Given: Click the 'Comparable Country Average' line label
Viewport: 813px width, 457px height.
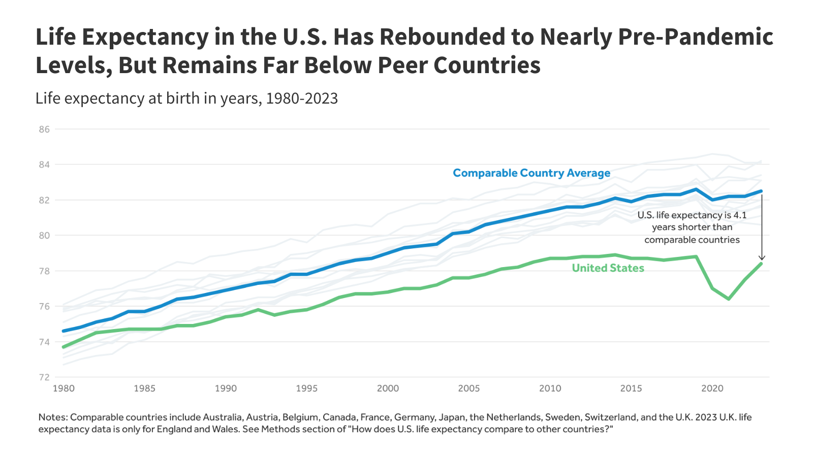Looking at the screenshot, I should pyautogui.click(x=531, y=173).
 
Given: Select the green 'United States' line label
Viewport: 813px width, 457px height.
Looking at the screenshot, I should pyautogui.click(x=608, y=268).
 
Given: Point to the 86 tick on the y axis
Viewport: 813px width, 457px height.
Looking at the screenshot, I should pyautogui.click(x=44, y=129).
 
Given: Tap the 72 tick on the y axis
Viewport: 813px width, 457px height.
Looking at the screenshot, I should pyautogui.click(x=44, y=377).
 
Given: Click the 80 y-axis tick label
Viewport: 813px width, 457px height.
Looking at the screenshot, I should pyautogui.click(x=44, y=236).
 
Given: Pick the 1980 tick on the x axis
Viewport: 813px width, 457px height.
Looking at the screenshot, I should pyautogui.click(x=64, y=388).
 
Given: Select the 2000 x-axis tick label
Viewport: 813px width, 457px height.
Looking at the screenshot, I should pyautogui.click(x=388, y=388).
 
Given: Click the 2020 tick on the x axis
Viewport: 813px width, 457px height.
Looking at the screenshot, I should pyautogui.click(x=712, y=388).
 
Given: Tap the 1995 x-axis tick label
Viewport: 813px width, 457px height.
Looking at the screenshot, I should pyautogui.click(x=306, y=388).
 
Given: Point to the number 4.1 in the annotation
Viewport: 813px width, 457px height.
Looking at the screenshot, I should pyautogui.click(x=740, y=215).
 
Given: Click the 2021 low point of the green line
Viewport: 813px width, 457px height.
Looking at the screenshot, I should pyautogui.click(x=729, y=299).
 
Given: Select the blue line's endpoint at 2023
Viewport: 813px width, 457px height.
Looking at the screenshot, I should pyautogui.click(x=761, y=191).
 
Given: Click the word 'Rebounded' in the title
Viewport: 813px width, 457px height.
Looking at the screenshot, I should pyautogui.click(x=457, y=37).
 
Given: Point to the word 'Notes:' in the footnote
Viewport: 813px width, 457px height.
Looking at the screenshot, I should pyautogui.click(x=53, y=417).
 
